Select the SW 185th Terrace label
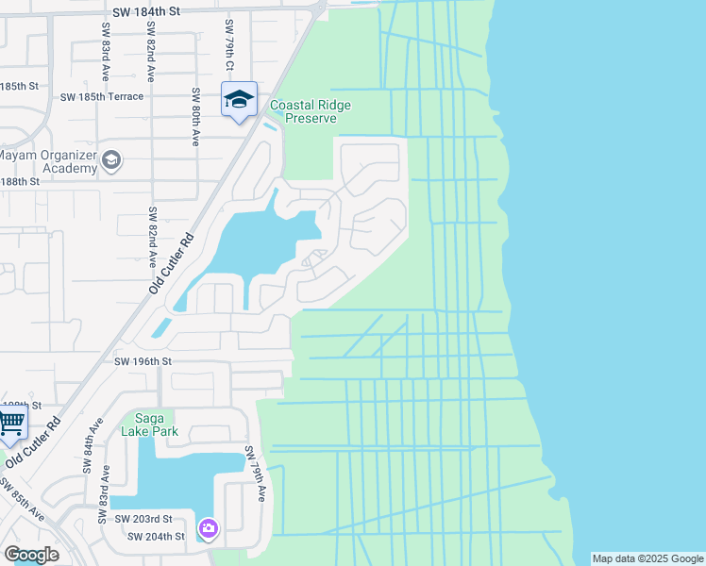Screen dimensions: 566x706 pos(102,96)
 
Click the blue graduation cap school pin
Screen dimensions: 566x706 pos(239,99)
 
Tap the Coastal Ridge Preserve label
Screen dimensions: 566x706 pos(311,112)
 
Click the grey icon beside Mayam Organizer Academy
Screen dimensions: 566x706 pos(111,160)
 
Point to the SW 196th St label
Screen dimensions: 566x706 pos(143,361)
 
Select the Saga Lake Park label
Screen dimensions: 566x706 pos(143,424)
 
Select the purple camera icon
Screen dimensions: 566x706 pos(208,528)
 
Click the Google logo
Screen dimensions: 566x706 pos(31,555)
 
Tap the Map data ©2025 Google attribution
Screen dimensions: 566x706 pos(647,558)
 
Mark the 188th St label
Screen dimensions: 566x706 pos(20,180)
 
